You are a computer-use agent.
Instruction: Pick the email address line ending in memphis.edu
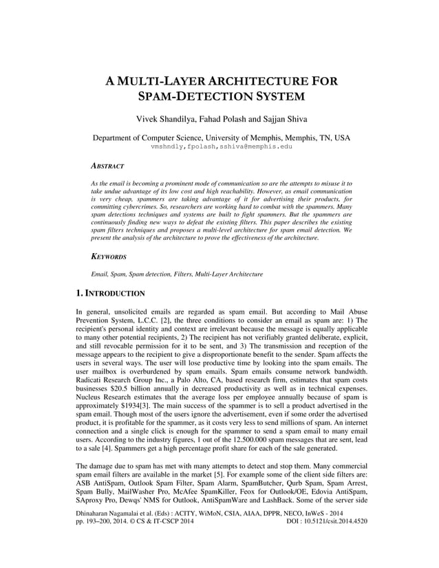[221, 146]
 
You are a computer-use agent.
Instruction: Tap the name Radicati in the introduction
[92, 379]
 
